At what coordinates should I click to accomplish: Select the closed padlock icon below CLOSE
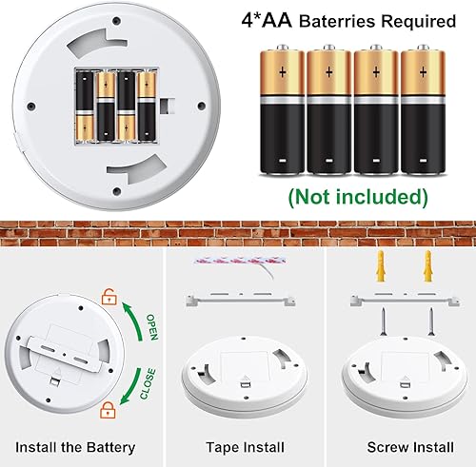point(109,412)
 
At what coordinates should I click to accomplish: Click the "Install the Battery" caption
point(79,447)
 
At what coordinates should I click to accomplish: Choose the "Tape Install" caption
point(240,447)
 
